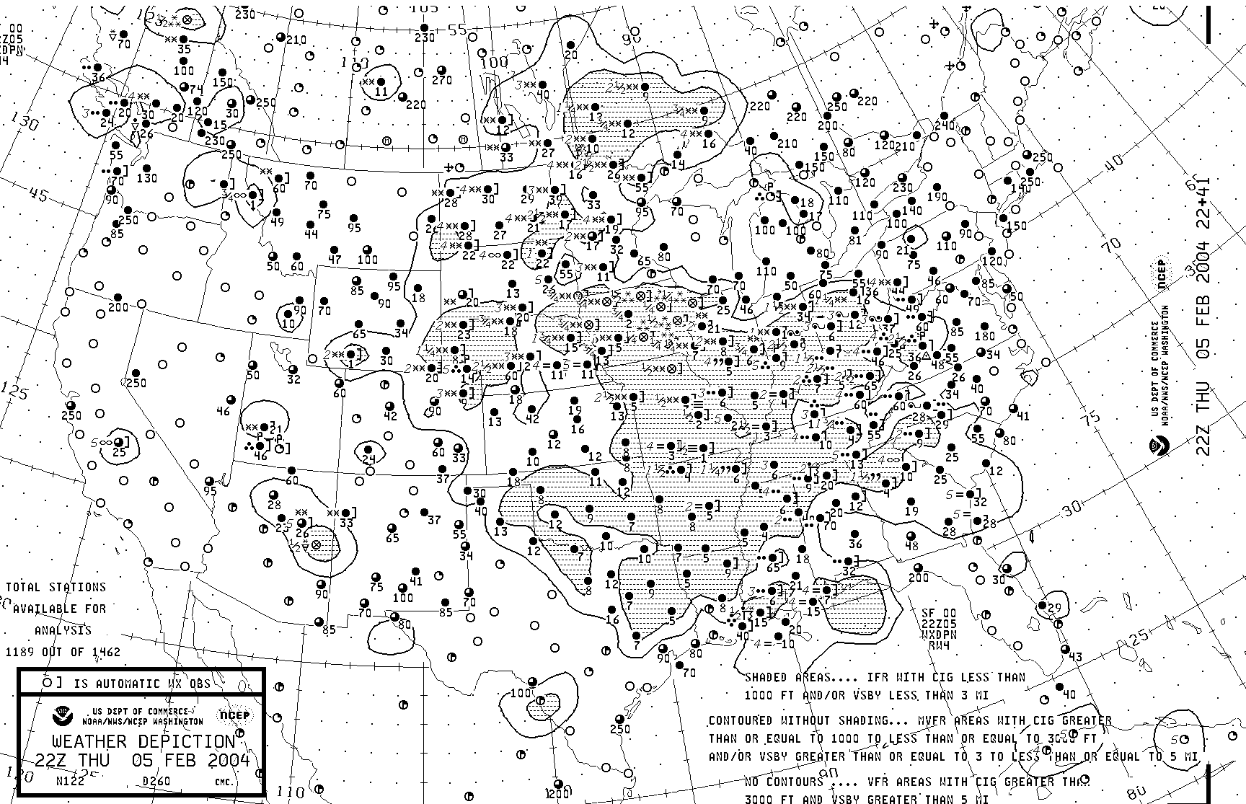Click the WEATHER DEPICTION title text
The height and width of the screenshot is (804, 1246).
[x=143, y=741]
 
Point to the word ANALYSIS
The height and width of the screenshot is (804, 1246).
[x=63, y=630]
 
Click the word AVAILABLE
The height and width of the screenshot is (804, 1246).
[x=45, y=609]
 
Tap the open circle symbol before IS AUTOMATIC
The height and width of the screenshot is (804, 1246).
[x=48, y=682]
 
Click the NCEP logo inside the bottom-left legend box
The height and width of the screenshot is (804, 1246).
[x=235, y=715]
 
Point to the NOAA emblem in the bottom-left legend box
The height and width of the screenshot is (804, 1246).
[x=62, y=715]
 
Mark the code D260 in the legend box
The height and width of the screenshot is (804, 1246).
[x=156, y=780]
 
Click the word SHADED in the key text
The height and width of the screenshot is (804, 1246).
[x=766, y=678]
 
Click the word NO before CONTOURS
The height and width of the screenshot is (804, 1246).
[x=752, y=782]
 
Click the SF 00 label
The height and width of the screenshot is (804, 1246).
[x=937, y=613]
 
